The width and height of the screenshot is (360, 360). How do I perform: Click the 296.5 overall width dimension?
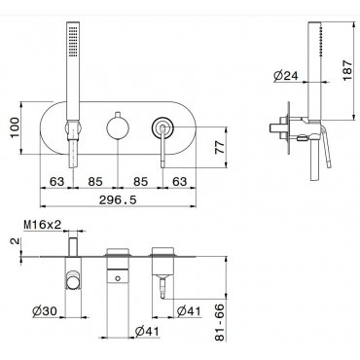(x=118, y=200)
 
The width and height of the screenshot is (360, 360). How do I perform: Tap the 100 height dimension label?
(x=16, y=127)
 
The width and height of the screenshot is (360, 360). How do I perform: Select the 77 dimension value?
(x=220, y=148)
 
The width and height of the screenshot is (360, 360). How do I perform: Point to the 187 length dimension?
(x=347, y=70)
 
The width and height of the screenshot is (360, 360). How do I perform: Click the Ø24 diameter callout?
(x=285, y=76)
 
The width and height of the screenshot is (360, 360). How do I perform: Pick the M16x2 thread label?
(x=43, y=225)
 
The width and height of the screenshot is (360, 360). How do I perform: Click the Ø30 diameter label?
(x=45, y=311)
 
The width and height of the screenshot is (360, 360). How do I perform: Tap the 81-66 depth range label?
(x=220, y=322)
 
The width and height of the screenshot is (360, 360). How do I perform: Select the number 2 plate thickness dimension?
(x=16, y=242)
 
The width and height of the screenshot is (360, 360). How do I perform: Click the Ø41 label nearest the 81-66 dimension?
(x=189, y=311)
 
